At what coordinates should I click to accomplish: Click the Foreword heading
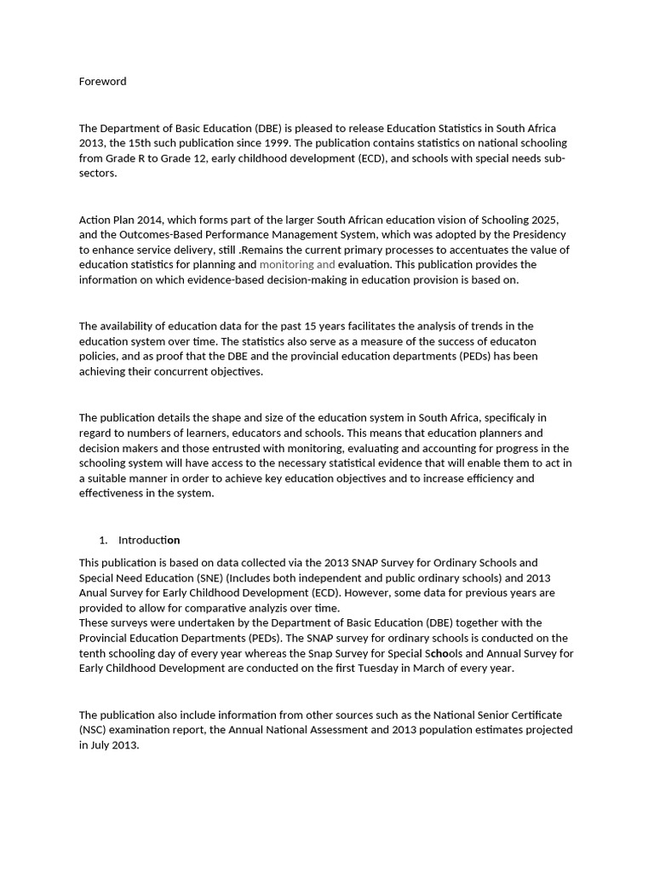tap(102, 82)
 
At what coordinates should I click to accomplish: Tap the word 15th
tap(148, 143)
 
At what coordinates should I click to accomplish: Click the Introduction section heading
tap(149, 540)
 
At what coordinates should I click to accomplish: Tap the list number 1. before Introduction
tap(103, 540)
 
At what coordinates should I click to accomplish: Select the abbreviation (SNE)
tap(208, 577)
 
